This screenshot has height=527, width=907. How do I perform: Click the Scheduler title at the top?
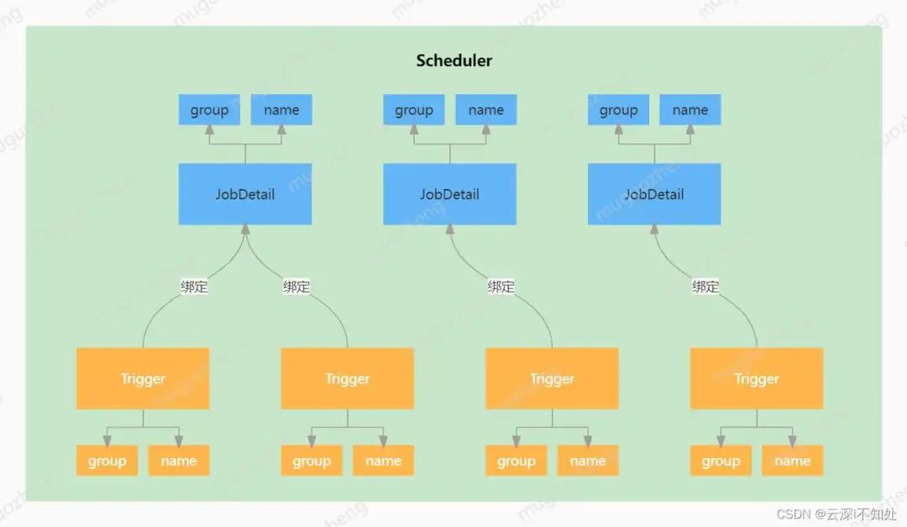454,61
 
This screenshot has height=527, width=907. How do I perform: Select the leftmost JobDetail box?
245,194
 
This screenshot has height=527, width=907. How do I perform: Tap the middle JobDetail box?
449,194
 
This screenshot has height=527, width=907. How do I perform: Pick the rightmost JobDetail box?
654,194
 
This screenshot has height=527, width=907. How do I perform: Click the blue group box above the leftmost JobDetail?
209,110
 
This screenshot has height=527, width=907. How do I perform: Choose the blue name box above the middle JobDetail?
486,110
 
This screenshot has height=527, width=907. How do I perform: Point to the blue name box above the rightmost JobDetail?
690,110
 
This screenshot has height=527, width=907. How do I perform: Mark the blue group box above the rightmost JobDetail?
619,110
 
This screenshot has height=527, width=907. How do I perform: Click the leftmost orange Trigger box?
143,379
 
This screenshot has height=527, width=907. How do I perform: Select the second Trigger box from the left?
348,379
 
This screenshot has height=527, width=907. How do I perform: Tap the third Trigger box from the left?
552,379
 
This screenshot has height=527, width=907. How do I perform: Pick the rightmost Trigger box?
757,379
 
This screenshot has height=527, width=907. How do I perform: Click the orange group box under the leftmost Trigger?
107,461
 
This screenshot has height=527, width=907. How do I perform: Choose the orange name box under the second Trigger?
383,461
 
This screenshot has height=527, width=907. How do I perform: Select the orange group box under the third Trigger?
516,461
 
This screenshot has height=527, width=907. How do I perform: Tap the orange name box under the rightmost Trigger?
792,461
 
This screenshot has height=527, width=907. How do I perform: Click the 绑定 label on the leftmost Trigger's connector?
194,287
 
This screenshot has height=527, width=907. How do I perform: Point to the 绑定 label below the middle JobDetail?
501,287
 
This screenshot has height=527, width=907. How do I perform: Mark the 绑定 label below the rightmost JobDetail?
705,287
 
